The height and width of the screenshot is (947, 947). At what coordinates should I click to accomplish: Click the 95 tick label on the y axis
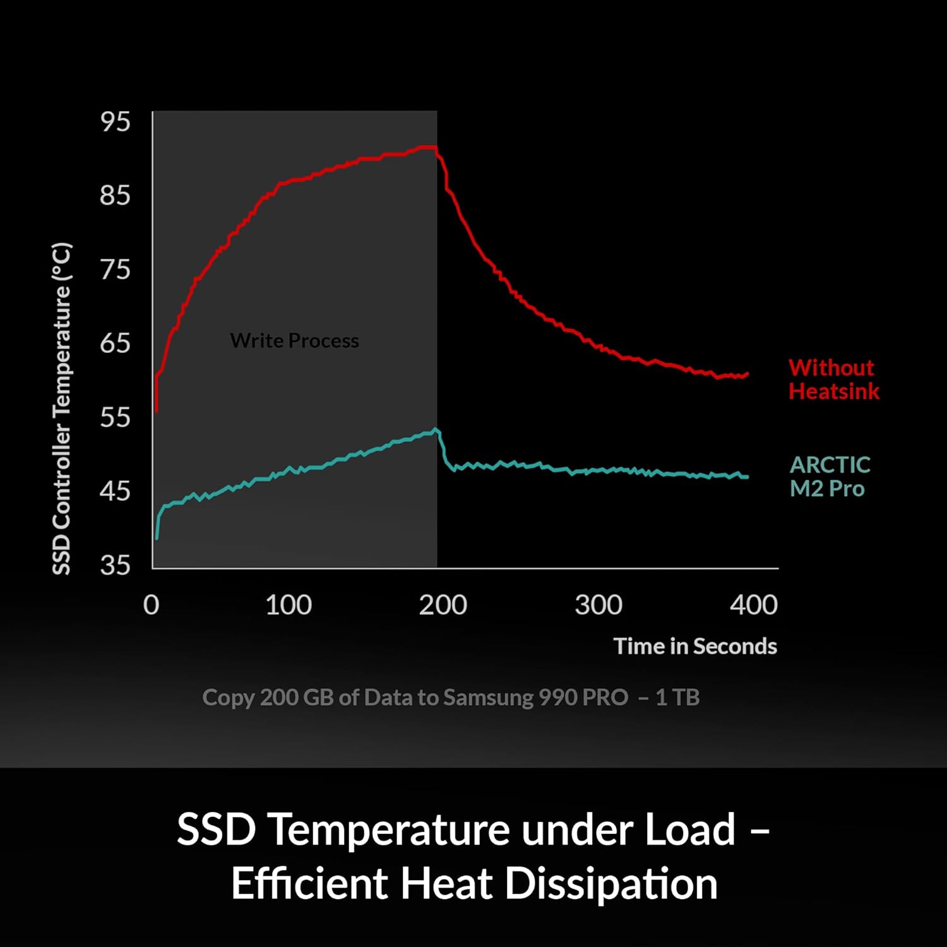click(115, 121)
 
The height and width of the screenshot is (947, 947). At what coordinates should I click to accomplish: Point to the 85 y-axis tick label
click(115, 195)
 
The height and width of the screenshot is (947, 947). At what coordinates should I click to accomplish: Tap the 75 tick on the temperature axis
click(115, 269)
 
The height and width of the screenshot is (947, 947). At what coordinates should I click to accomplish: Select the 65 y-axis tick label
click(115, 343)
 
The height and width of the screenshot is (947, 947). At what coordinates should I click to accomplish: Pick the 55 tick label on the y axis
click(115, 417)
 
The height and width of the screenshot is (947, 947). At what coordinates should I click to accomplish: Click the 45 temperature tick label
click(115, 491)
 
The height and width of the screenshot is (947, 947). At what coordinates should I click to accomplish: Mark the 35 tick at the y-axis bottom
click(115, 564)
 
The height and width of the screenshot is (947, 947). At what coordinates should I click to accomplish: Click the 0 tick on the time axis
click(152, 605)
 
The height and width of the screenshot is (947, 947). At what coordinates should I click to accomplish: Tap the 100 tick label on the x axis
click(289, 605)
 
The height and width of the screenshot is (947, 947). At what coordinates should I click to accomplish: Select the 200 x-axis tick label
click(443, 605)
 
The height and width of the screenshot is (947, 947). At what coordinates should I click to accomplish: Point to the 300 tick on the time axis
click(599, 605)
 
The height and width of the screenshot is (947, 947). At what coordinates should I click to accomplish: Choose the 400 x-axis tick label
click(754, 605)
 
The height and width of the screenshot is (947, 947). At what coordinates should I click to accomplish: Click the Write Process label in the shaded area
click(294, 341)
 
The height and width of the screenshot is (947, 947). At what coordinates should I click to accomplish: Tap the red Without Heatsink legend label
click(834, 379)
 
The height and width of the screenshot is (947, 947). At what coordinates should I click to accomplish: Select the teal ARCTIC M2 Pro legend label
click(830, 477)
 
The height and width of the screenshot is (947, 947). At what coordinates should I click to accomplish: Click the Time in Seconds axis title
click(695, 646)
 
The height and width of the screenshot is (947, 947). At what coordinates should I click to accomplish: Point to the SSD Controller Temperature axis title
click(62, 408)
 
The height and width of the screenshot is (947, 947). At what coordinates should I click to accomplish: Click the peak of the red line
click(428, 147)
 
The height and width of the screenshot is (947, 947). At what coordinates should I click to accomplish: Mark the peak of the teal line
click(436, 429)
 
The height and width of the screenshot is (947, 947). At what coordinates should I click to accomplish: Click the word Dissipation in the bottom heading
click(611, 883)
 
